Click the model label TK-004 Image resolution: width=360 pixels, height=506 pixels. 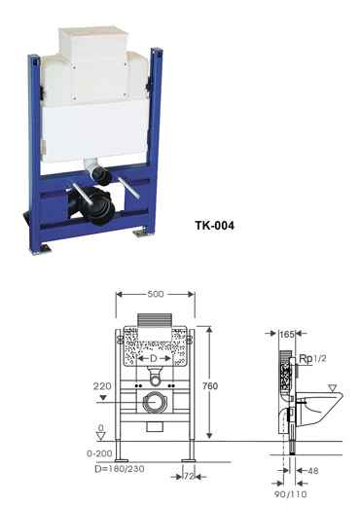[214, 225]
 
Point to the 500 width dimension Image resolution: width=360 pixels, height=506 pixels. [156, 294]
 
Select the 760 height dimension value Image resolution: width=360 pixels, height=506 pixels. [210, 386]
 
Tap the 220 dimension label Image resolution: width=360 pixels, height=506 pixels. [102, 386]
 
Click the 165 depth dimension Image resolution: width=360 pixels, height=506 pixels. [287, 334]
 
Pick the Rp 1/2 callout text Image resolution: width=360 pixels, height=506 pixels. [312, 358]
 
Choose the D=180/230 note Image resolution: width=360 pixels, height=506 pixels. [120, 469]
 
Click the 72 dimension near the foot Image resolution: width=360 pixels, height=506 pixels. [189, 476]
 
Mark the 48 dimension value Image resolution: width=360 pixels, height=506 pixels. [312, 470]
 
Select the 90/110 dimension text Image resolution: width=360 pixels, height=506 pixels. [290, 494]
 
